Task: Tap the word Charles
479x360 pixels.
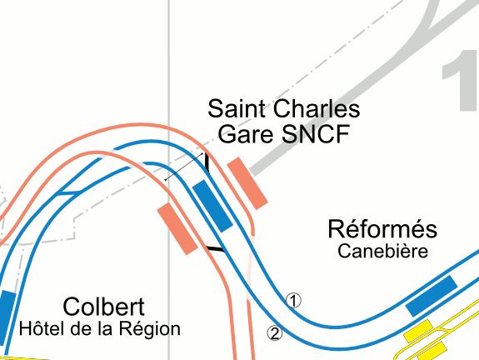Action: coord(317,108)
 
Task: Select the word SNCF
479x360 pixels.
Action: coord(316,134)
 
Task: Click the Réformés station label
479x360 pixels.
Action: coord(382,228)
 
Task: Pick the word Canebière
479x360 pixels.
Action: coord(382,251)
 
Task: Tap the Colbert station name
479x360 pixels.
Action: coord(103,307)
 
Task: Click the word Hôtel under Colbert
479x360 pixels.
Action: coord(42,328)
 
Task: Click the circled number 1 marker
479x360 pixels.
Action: coord(293,301)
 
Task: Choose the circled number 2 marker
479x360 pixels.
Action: coord(275,333)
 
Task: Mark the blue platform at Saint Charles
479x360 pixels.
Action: coord(213,206)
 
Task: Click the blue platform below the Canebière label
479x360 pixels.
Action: coord(432,296)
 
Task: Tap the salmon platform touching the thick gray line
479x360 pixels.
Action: coord(247,183)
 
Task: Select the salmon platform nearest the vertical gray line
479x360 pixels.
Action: coord(177,229)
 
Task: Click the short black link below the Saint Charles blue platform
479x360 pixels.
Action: coord(216,249)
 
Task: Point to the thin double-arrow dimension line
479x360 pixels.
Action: coord(184,167)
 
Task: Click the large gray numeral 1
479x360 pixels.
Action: coord(461,80)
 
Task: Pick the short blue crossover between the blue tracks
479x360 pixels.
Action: coord(70,192)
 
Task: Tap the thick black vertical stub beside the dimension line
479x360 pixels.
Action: coord(207,162)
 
